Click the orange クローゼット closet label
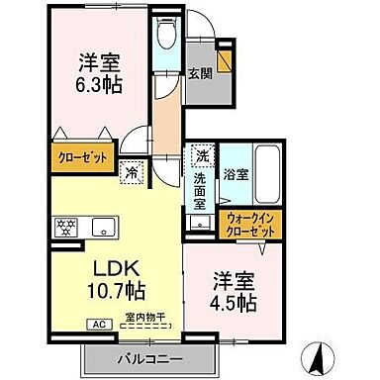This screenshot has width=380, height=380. (x=84, y=156)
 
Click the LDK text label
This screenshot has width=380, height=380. (x=113, y=269)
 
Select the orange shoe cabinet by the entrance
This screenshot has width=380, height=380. (x=226, y=57)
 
